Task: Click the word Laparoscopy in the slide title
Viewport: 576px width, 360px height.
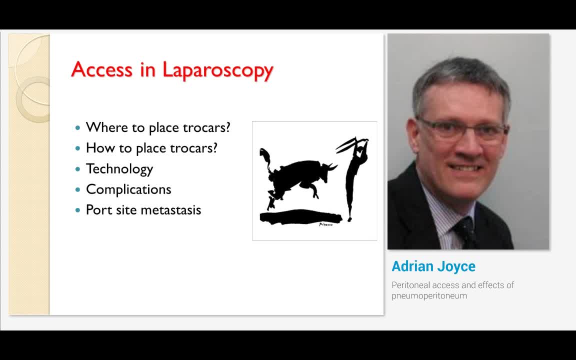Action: point(218,70)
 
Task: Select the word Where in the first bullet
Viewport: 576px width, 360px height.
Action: point(107,127)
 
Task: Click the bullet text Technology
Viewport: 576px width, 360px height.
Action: point(119,169)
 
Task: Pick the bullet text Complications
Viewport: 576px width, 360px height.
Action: point(128,189)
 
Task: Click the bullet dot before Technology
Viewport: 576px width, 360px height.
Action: point(77,169)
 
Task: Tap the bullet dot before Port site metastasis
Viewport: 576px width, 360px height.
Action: point(77,210)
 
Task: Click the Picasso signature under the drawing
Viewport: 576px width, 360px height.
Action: point(326,224)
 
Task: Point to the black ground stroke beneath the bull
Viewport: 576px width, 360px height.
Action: point(300,216)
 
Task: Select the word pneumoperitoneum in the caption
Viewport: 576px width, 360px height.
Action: point(429,296)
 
